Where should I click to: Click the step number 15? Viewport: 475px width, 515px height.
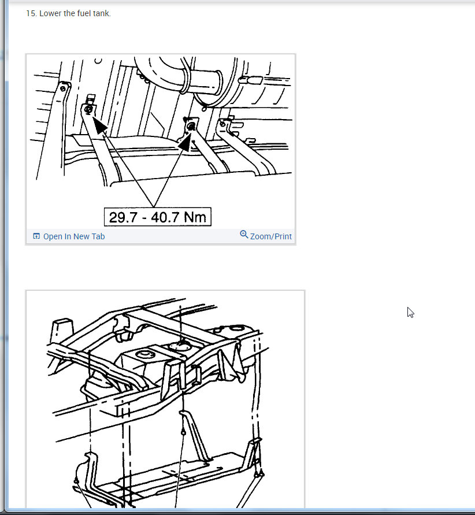(32, 13)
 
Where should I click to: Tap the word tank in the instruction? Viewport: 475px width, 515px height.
(102, 13)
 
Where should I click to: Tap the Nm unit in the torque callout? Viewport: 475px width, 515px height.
(195, 217)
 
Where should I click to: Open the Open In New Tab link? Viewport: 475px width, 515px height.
(74, 236)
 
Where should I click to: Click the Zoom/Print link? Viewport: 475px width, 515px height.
(271, 236)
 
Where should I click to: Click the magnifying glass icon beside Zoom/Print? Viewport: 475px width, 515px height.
(244, 235)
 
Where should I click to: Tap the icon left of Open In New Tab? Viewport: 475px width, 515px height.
(36, 236)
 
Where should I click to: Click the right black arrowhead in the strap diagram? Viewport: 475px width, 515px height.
(185, 142)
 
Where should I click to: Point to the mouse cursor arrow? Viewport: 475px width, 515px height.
(410, 313)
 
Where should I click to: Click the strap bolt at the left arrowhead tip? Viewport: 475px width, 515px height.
(88, 110)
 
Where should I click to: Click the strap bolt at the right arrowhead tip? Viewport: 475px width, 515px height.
(191, 126)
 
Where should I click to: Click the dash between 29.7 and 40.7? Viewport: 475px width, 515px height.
(144, 218)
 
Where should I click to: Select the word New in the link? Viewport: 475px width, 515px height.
(81, 236)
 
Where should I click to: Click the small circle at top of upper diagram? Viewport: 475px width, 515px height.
(98, 61)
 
